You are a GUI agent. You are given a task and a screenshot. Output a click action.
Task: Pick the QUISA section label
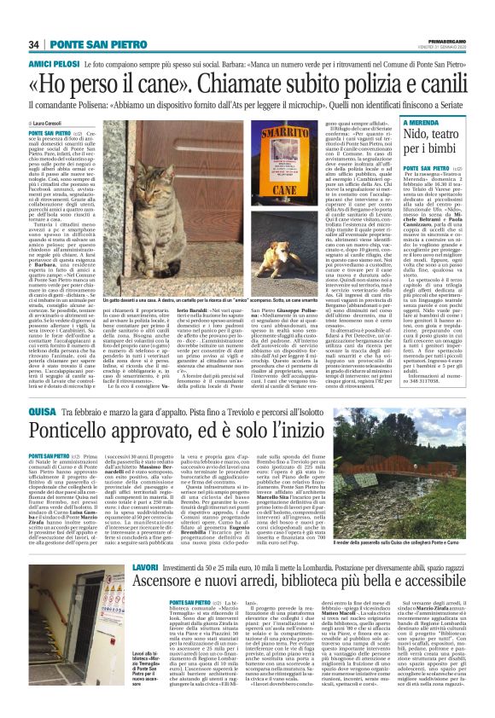(43, 389)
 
